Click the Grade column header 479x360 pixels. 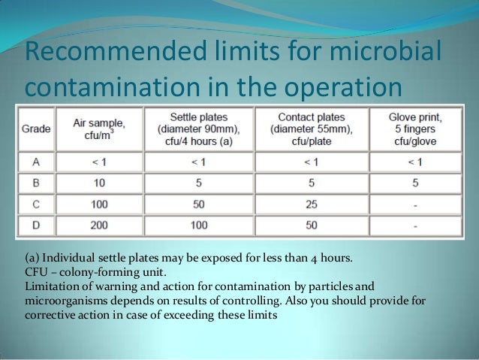[x=35, y=129]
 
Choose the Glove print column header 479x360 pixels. [x=416, y=129]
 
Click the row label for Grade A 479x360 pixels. [x=35, y=160]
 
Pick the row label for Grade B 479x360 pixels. [x=35, y=182]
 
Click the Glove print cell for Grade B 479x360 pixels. [x=416, y=182]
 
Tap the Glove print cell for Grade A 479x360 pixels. [x=416, y=160]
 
